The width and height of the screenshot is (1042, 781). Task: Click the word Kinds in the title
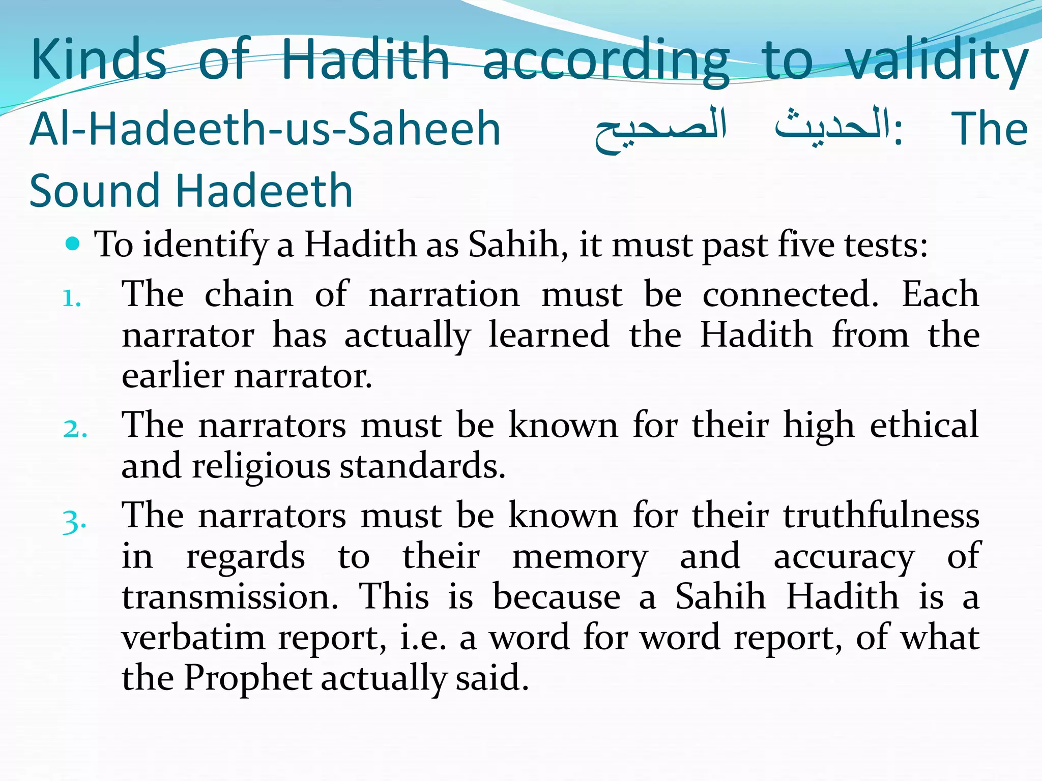coord(98,59)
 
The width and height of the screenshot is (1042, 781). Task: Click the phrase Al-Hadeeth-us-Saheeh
coord(265,129)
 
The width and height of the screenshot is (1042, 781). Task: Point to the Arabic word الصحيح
coord(661,129)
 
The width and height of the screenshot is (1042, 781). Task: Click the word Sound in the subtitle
coord(95,191)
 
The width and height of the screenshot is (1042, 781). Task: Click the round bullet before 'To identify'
coord(74,245)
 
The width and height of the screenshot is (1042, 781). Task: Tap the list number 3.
coord(74,522)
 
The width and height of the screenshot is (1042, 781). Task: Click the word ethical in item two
coord(924,425)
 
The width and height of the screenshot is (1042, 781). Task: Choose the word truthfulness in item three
coord(881,516)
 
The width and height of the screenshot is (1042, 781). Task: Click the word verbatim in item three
coord(193,637)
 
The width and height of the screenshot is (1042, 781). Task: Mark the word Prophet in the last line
coord(247,678)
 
